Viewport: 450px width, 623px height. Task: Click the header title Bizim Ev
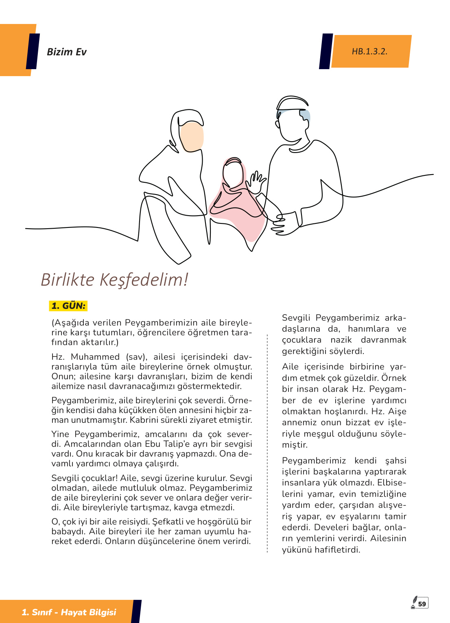point(67,52)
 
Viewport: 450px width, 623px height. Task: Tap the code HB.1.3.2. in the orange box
point(369,51)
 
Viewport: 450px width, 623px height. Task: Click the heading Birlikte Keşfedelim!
point(114,280)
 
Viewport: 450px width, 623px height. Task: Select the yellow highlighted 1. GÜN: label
point(68,306)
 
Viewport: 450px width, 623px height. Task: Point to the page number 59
point(422,604)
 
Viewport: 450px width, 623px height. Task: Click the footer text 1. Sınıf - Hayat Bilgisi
point(69,612)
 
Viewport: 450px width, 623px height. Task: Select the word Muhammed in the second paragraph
point(95,357)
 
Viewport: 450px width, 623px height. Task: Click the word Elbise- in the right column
point(391,483)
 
